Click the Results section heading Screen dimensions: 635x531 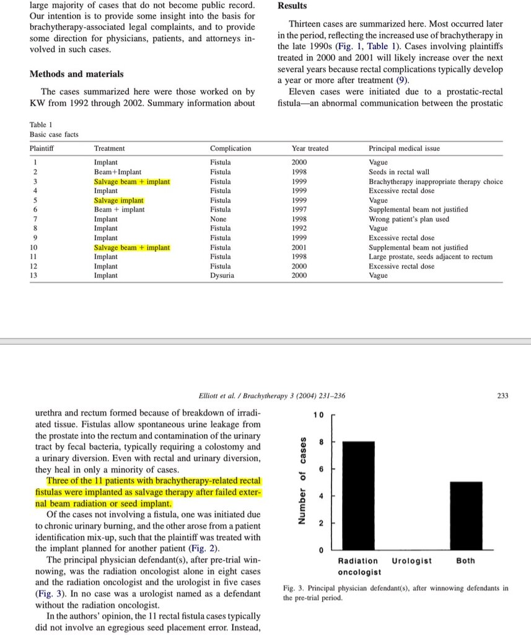point(292,6)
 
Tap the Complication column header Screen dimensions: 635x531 point(230,148)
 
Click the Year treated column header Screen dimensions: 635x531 point(310,148)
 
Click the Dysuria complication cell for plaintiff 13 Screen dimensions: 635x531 point(222,275)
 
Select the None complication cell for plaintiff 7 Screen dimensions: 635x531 point(218,219)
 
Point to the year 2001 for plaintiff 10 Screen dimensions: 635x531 point(299,247)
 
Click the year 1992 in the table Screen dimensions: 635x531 point(299,228)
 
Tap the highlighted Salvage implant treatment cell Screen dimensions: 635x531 point(118,200)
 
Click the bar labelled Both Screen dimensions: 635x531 point(465,515)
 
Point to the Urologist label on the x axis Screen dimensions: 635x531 point(412,561)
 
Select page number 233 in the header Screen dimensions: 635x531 point(502,396)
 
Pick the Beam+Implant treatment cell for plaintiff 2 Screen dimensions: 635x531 point(117,172)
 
